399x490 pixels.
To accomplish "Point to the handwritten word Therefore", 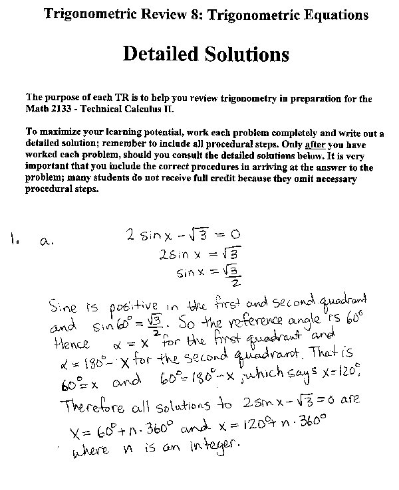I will point(93,405).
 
